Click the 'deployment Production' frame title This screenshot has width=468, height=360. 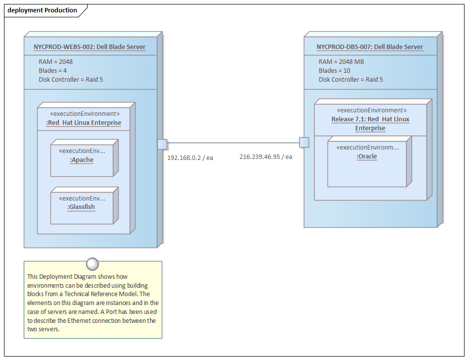coord(43,10)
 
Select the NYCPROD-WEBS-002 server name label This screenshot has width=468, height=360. coord(90,47)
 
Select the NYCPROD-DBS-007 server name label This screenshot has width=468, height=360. coord(370,47)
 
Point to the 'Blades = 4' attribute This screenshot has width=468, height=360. coord(52,71)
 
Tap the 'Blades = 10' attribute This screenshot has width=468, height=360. coord(334,71)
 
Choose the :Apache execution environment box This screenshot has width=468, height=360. coord(82,159)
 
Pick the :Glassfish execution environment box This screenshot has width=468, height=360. coord(82,206)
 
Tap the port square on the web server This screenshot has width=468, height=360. coord(162,144)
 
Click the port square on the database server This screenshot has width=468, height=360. coord(304,143)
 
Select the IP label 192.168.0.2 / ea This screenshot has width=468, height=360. coord(190,157)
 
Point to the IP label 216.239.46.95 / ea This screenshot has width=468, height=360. coord(266,156)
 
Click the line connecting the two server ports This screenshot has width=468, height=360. coord(233,143)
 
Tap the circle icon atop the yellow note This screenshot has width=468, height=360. coord(93,264)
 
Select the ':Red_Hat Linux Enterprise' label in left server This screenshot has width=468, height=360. coord(84,123)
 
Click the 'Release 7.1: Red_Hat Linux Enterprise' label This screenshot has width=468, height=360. coord(370,124)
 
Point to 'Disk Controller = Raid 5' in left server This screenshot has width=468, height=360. coord(71,80)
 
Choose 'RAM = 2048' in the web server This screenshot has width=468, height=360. coord(55,62)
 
